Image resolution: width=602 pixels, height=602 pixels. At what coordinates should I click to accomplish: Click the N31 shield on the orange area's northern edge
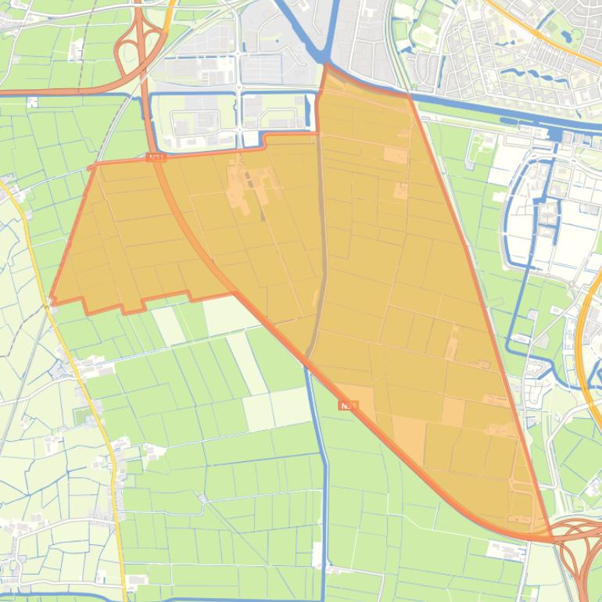coord(156,158)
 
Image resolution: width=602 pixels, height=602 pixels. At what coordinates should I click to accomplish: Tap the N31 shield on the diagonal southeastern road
coord(349,406)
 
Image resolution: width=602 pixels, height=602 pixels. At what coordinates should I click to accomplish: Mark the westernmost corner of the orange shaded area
coord(52,299)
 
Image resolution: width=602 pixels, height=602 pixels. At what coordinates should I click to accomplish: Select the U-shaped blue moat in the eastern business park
coord(532,211)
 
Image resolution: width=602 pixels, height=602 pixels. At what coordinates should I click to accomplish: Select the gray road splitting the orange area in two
coord(321,235)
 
